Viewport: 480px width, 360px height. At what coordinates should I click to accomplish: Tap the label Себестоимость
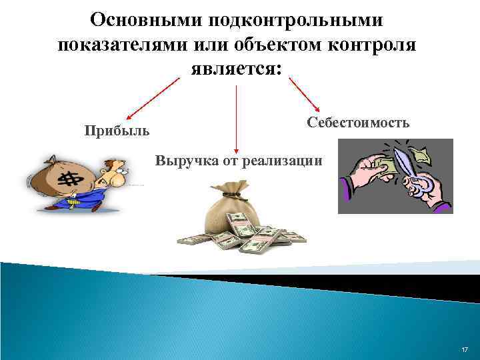[x=358, y=123]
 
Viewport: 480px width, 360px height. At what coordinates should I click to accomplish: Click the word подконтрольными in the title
[x=295, y=19]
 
